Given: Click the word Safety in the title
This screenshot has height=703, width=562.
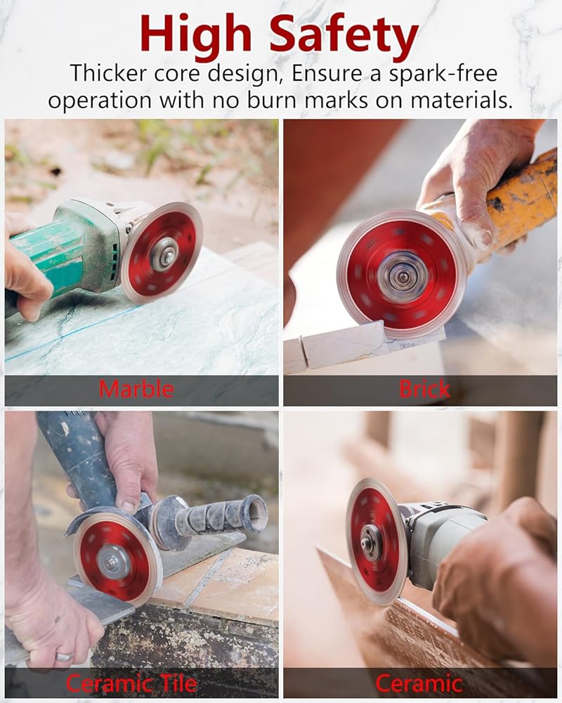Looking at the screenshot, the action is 344,36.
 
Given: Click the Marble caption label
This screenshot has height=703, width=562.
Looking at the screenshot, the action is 136,389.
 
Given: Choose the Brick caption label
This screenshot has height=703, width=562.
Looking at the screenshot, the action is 424,389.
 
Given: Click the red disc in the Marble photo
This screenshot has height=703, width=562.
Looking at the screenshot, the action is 162,253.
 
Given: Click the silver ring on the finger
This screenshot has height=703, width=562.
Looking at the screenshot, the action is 64,657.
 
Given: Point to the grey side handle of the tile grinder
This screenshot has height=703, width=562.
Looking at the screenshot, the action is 211,520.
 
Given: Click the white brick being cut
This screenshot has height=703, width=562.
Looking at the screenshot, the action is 341,346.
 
